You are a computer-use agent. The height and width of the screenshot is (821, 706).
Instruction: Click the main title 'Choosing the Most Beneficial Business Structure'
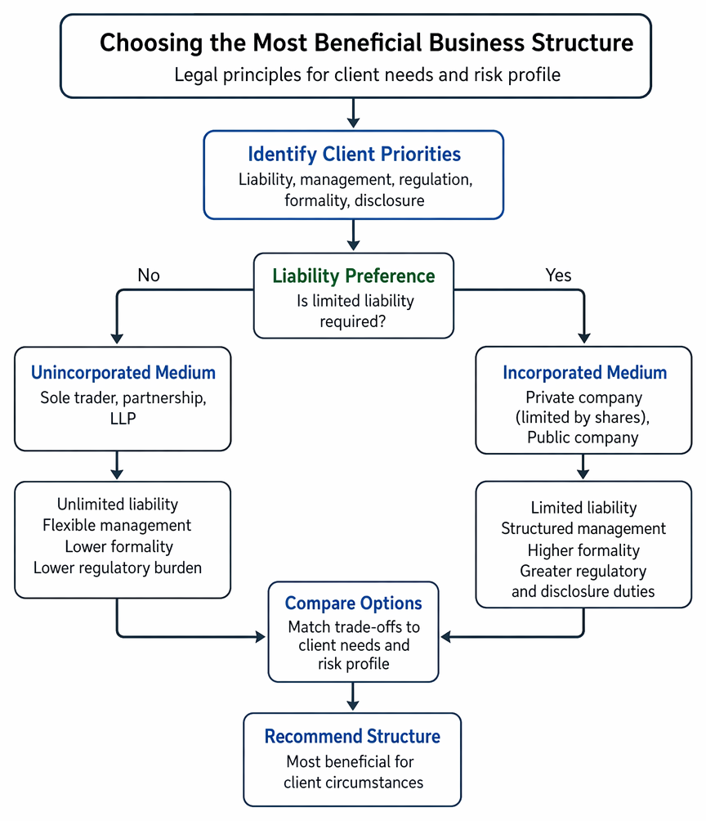click(x=366, y=43)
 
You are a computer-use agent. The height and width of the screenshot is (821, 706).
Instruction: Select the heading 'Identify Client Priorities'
click(x=355, y=155)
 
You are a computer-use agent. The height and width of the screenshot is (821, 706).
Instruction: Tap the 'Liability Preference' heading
click(x=354, y=276)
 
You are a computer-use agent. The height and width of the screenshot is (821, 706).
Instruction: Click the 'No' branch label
click(x=149, y=275)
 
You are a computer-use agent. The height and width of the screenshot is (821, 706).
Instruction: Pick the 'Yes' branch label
click(x=558, y=275)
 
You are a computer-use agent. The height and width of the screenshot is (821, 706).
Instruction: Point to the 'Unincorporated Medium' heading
click(x=123, y=372)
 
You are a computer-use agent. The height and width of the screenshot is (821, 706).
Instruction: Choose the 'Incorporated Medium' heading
click(x=584, y=372)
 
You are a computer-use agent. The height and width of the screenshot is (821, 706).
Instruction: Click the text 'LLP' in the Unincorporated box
click(x=123, y=419)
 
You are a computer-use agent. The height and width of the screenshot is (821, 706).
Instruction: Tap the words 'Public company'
click(x=583, y=437)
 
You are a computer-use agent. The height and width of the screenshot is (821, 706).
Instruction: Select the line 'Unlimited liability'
click(x=118, y=505)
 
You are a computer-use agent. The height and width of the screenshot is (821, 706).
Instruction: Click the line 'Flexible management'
click(x=117, y=525)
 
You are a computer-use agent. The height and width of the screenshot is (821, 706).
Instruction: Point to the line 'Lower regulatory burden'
click(x=118, y=568)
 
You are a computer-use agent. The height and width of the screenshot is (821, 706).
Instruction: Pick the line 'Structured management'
click(x=583, y=529)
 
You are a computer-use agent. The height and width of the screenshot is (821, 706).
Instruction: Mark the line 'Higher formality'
click(x=583, y=550)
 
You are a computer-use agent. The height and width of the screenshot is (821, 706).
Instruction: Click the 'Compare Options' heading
click(x=353, y=603)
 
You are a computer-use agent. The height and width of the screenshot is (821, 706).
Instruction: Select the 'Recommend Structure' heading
click(x=352, y=736)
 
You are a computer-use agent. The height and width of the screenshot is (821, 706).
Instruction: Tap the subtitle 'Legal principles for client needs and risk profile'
click(x=368, y=75)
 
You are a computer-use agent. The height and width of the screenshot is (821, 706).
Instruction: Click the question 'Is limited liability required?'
click(x=355, y=311)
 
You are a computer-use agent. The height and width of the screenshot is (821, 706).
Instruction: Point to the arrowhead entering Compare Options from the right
click(x=446, y=637)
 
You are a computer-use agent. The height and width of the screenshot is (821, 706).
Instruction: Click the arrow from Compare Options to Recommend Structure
click(x=353, y=697)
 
